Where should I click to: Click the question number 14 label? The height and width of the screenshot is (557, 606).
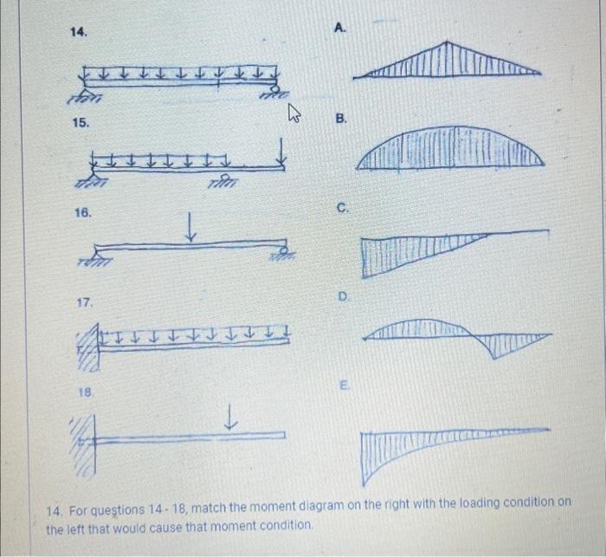coord(79,32)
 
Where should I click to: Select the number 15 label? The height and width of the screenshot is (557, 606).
coord(81,123)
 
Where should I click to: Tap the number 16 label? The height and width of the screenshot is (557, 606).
coord(83,213)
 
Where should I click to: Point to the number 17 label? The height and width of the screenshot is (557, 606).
coord(85,302)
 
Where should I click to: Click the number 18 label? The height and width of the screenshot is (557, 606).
coord(87,392)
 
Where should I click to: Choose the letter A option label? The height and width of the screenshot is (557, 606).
coord(339,28)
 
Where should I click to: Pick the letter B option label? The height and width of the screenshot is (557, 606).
coord(341,119)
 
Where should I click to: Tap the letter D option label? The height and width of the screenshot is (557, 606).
coord(343,296)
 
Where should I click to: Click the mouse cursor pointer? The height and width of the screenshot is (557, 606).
coord(294,113)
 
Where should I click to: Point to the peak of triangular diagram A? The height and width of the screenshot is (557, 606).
coord(447,42)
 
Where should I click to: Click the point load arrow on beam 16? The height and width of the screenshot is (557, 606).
coord(190,226)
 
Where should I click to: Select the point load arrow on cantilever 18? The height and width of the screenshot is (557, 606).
coord(230,417)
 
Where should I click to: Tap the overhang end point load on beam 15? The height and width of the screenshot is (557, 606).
coord(281,151)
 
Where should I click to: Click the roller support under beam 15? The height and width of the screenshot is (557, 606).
coord(223,181)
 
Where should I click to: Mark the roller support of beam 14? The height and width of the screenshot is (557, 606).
coord(275,92)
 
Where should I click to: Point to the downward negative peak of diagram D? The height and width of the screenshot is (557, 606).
coord(493,358)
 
